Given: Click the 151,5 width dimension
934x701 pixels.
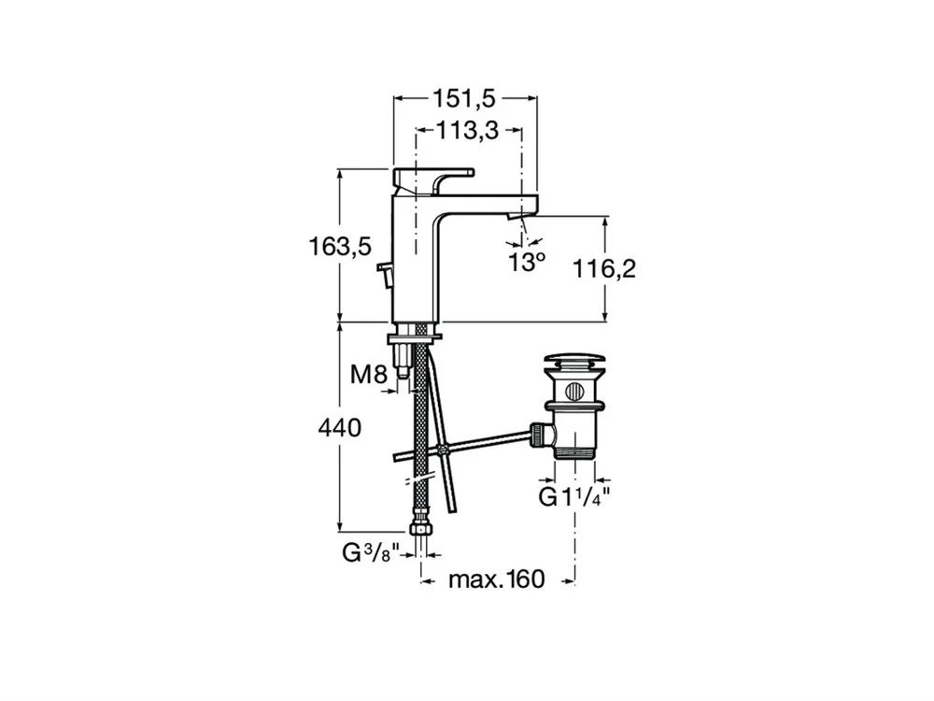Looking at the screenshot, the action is [x=463, y=99].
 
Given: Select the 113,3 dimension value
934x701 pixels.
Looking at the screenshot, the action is [x=468, y=131].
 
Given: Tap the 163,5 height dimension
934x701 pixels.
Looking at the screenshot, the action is [x=340, y=246].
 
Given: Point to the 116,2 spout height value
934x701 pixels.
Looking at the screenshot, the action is [x=604, y=269].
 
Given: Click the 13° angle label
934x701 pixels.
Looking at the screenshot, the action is [x=527, y=262].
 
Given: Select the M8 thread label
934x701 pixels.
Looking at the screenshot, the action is [x=369, y=375].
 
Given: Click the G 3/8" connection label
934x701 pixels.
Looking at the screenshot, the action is [x=371, y=553].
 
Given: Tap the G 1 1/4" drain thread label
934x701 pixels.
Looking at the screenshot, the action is [x=574, y=496].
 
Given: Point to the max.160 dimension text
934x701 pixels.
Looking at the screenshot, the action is [x=497, y=579].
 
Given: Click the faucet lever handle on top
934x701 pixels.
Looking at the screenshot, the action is [x=433, y=179].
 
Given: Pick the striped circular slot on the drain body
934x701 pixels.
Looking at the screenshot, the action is [x=574, y=391].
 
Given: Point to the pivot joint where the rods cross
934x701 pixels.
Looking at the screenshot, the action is [x=443, y=451].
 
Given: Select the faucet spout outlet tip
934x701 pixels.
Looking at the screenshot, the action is [x=516, y=217].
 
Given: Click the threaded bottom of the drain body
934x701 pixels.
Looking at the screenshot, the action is [x=574, y=452].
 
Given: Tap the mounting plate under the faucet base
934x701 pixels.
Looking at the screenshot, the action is [x=416, y=338].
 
